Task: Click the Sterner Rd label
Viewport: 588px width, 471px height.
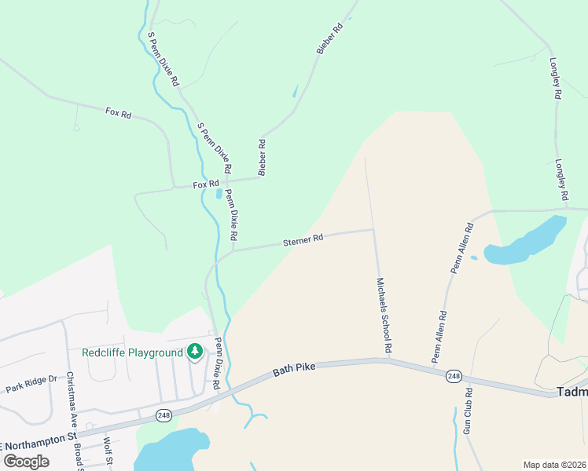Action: tap(303, 241)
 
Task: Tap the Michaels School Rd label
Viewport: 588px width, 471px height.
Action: tap(384, 314)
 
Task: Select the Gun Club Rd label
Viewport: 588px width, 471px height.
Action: tap(468, 411)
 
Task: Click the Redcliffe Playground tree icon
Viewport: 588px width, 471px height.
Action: tap(193, 352)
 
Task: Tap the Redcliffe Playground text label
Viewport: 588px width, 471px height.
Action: tap(132, 352)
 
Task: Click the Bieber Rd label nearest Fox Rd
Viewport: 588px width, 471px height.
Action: tap(263, 157)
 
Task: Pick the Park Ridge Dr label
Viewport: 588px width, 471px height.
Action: tap(31, 383)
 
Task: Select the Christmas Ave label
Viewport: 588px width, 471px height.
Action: tap(68, 398)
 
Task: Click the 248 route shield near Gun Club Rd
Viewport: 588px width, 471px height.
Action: tap(454, 376)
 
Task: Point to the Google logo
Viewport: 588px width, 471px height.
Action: tap(27, 461)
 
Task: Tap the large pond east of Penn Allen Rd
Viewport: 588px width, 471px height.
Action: tap(527, 241)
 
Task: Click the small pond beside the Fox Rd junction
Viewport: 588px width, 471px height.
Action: tap(219, 194)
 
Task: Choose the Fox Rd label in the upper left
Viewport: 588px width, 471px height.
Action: tap(118, 113)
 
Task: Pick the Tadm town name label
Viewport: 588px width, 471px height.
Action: tap(571, 392)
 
